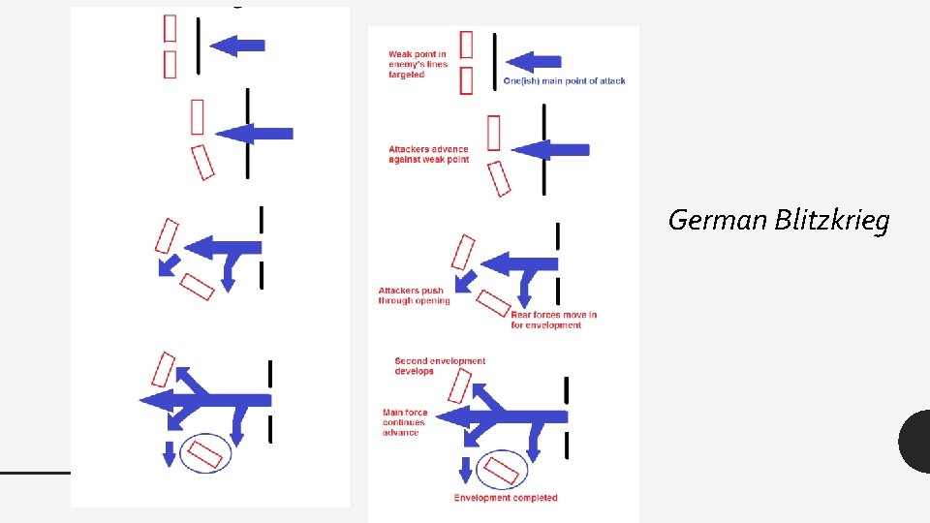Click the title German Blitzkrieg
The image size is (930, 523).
point(779,220)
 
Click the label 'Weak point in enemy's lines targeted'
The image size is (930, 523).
point(418,64)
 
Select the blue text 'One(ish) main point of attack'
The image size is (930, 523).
point(564,80)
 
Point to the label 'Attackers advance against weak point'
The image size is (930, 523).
point(429,154)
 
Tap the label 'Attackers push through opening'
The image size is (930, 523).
point(414,295)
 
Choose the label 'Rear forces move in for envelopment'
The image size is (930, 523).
point(553,320)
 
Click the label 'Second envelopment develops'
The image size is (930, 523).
point(440,366)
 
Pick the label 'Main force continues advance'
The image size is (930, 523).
point(405,422)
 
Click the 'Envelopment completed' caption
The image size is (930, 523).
point(506,498)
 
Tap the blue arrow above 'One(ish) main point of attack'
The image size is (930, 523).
point(533,62)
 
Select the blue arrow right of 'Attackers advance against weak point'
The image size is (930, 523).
point(550,150)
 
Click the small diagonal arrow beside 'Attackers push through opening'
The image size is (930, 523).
point(465,282)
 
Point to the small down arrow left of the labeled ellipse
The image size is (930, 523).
point(466,470)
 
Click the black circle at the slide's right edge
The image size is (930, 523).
point(916,442)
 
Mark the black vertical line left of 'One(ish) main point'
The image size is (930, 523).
point(495,62)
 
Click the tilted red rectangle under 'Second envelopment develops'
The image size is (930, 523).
point(459,385)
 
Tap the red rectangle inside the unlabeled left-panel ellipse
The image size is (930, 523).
point(204,453)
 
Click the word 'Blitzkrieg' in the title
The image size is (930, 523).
point(832,220)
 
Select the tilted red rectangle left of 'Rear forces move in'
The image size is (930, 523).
point(493,303)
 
